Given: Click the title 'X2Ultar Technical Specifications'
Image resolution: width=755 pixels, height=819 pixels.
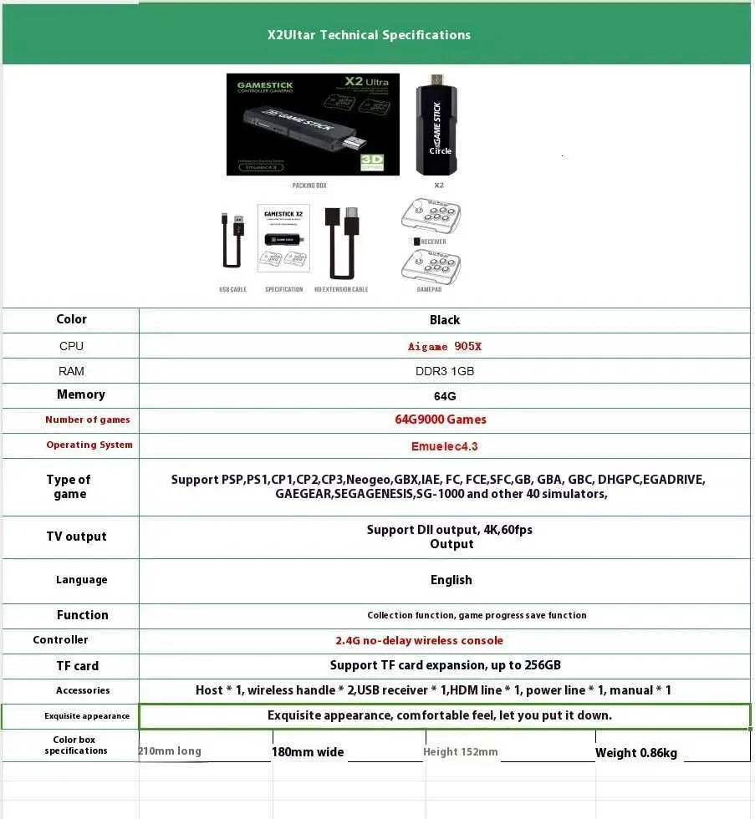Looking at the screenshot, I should coord(369,35).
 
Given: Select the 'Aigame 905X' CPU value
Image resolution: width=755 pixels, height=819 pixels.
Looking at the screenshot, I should coord(444,346).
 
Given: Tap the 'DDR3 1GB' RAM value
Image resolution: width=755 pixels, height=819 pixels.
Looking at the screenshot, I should coord(444,371).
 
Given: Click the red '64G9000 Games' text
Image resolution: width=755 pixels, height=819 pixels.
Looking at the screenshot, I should coord(441,420).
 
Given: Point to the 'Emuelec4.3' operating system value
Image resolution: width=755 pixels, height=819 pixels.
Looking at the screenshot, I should coord(444,445).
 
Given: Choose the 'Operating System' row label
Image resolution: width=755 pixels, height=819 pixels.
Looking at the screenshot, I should coord(89,445).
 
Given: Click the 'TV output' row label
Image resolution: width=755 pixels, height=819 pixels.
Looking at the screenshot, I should coord(76,537).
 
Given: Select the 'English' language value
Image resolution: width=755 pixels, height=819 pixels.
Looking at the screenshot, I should coord(451,580).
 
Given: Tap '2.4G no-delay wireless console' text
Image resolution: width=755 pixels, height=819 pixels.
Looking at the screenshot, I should coord(419,640).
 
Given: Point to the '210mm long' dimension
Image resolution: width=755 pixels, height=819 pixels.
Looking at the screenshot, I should coord(170,750).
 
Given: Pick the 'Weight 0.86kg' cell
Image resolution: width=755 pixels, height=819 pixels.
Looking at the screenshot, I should coord(635,753).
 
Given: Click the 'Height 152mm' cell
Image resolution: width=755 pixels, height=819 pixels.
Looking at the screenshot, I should coord(460,751).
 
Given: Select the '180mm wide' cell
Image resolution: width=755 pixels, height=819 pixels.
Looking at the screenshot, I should coord(308,752).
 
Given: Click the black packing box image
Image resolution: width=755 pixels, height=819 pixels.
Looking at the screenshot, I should coord(313,125).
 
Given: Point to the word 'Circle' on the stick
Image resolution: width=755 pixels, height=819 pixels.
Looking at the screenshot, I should coord(440,151).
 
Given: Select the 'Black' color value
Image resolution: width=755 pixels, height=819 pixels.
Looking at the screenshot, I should coord(444,320).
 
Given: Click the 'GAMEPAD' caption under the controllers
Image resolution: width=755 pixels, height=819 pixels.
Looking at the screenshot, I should coord(429,289).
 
